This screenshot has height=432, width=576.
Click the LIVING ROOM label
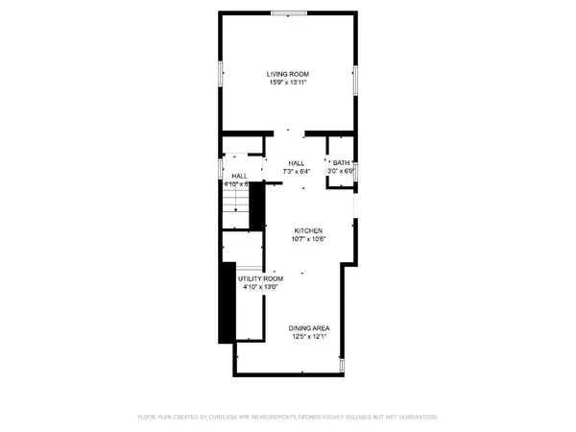click(x=288, y=73)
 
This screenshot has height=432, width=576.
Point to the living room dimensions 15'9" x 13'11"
click(x=288, y=82)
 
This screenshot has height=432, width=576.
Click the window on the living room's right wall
click(x=356, y=80)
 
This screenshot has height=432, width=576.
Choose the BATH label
click(x=341, y=161)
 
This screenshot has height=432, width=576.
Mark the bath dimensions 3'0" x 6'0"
click(x=342, y=170)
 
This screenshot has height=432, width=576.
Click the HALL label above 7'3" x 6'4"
click(x=296, y=162)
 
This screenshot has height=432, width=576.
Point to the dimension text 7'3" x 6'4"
click(x=296, y=171)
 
